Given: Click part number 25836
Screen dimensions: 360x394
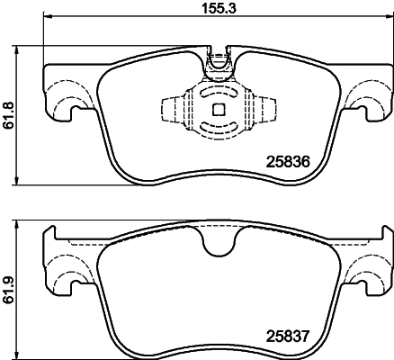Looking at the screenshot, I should (286, 163).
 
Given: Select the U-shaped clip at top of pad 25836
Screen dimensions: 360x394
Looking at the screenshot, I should (217, 62).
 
